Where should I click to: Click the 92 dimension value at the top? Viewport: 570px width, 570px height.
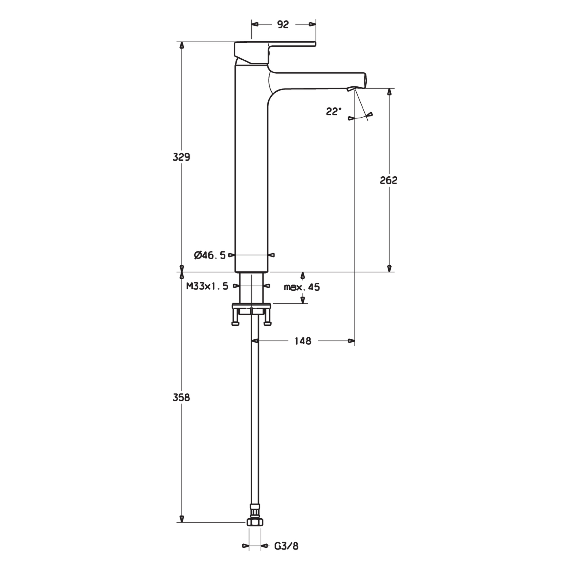point(283,25)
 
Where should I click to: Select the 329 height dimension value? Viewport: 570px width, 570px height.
point(181,157)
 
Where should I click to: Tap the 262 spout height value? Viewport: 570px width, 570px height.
point(389,180)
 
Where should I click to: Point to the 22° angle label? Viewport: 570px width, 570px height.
point(334,112)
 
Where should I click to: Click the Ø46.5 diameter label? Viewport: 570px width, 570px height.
point(210,255)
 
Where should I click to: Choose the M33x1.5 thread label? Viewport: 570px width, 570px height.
point(207,286)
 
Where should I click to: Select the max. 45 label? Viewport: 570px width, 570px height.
point(302,287)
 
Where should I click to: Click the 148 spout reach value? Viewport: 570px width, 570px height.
point(303,341)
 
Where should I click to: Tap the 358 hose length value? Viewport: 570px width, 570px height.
point(181,398)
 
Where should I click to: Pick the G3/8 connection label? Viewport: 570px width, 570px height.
point(286,546)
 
